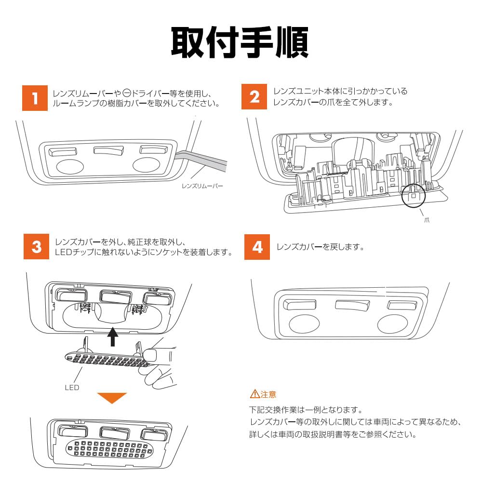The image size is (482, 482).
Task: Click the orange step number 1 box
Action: click(x=35, y=98)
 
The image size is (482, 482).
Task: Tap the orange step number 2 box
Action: click(x=254, y=97)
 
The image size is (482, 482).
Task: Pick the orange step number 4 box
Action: click(x=257, y=246)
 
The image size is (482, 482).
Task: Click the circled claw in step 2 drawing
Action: click(x=415, y=195)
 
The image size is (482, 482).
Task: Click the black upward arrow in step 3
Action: click(x=113, y=336)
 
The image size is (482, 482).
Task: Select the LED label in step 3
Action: click(x=72, y=387)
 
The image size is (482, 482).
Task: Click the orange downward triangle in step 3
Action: click(x=112, y=398)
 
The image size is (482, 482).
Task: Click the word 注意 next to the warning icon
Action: click(x=268, y=394)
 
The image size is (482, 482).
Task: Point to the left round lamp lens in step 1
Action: click(x=70, y=167)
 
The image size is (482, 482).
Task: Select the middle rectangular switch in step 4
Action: click(x=351, y=305)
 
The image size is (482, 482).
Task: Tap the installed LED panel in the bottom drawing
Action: click(x=111, y=449)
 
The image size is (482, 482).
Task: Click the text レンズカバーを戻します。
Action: click(x=320, y=247)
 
